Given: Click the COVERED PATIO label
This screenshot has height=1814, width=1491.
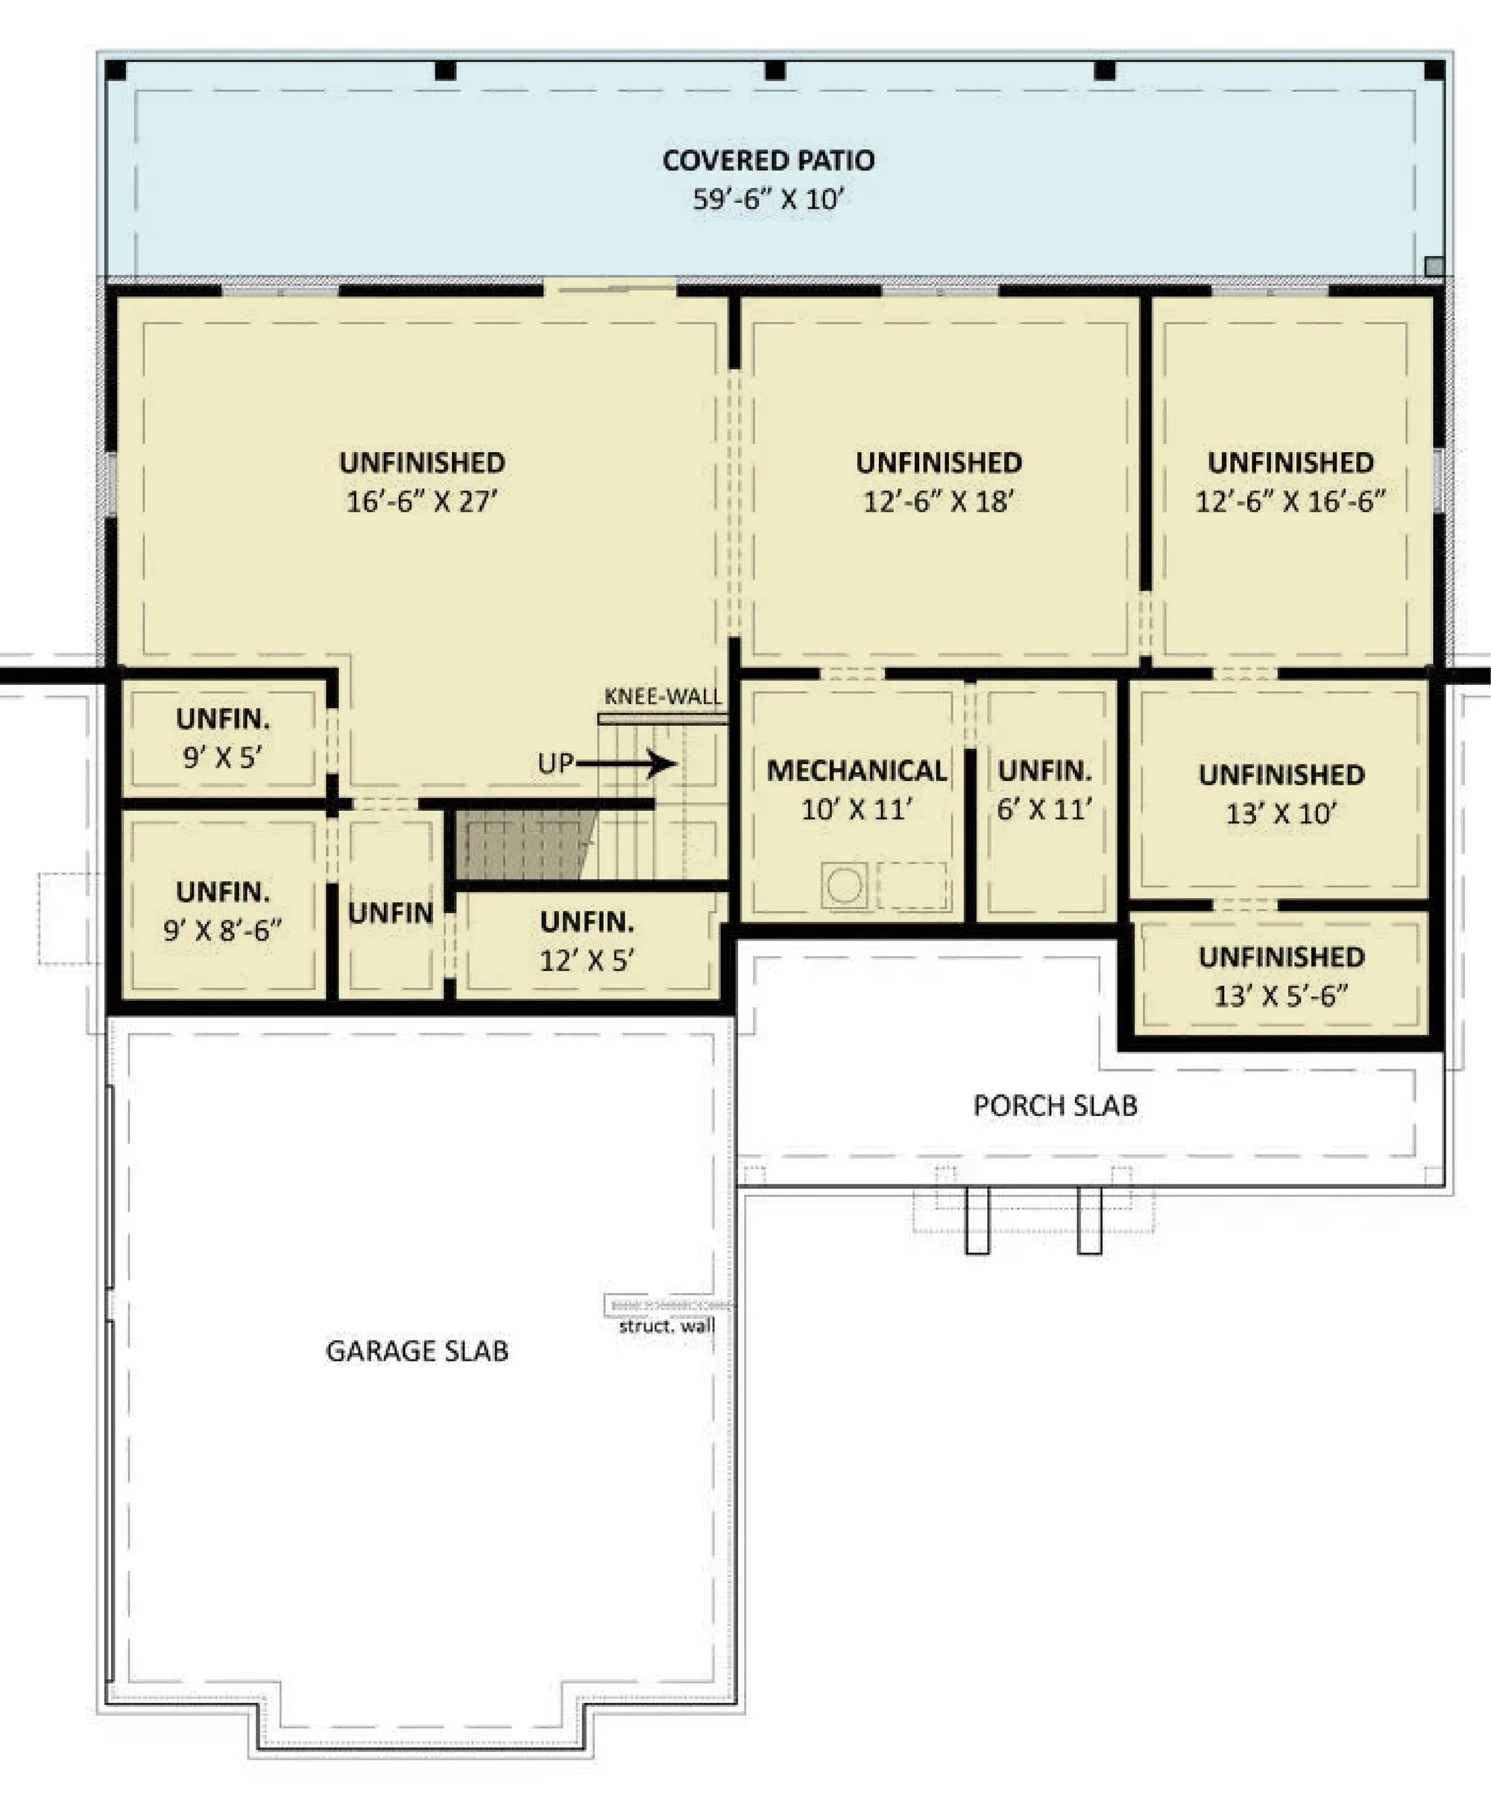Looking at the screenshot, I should click(x=768, y=160).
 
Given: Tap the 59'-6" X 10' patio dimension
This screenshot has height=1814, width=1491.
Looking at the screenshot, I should click(x=768, y=199).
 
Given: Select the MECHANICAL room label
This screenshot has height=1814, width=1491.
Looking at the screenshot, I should click(x=857, y=771).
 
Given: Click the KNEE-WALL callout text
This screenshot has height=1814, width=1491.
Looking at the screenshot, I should click(x=663, y=696).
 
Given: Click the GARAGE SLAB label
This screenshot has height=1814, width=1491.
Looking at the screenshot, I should click(x=417, y=1351).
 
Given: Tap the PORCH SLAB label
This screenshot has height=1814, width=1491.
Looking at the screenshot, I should click(x=1055, y=1106).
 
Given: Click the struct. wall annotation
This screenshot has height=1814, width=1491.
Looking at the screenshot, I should click(x=666, y=1326).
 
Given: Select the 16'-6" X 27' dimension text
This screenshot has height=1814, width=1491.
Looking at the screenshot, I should click(x=422, y=501).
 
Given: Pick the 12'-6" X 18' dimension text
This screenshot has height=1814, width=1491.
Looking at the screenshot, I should click(x=939, y=501).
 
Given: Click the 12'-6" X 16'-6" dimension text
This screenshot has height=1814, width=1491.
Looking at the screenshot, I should click(x=1290, y=501).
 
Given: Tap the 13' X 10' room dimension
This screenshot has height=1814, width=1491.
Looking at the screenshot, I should click(x=1281, y=813).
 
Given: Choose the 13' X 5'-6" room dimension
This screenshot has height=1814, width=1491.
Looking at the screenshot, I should click(x=1281, y=996).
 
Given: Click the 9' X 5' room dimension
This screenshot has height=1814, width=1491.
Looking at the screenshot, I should click(x=221, y=757).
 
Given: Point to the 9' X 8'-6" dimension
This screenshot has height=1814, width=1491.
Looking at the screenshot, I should click(x=221, y=930).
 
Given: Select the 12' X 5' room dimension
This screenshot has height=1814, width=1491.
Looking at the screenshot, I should click(x=587, y=960).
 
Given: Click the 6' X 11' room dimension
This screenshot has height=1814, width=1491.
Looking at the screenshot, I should click(x=1044, y=809).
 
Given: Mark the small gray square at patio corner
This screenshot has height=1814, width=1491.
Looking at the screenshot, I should click(x=1434, y=266).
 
